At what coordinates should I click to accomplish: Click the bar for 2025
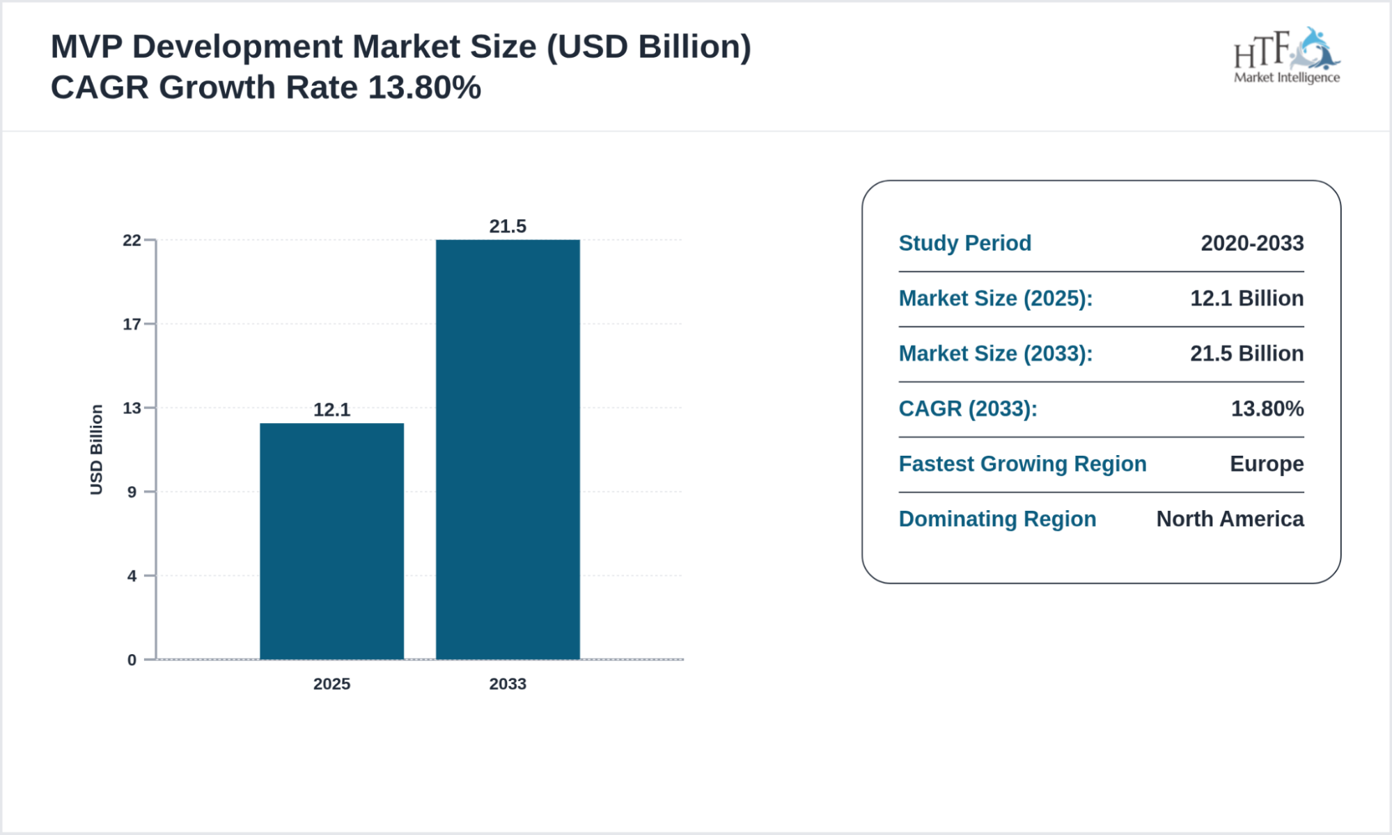[x=331, y=541]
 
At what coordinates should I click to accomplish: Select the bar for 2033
[x=508, y=449]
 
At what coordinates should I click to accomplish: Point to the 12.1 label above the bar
[x=331, y=410]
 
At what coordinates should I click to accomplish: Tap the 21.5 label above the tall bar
[x=508, y=226]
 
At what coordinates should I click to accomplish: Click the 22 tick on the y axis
[x=132, y=241]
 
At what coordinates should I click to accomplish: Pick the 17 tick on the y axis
[x=132, y=324]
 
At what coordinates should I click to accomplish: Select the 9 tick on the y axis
[x=132, y=493]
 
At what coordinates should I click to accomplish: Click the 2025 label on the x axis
[x=331, y=684]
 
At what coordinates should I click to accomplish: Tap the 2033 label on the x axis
[x=508, y=684]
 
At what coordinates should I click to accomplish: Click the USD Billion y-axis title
[x=96, y=450]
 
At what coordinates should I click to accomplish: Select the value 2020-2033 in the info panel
[x=1252, y=244]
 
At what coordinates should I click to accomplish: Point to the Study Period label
[x=964, y=244]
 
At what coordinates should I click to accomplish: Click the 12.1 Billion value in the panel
[x=1246, y=299]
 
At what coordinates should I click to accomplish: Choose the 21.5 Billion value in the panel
[x=1246, y=353]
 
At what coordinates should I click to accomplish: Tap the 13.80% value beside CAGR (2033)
[x=1267, y=408]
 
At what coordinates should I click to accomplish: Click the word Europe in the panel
[x=1266, y=464]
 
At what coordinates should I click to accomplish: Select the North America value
[x=1230, y=519]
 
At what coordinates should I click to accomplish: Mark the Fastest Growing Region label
[x=1022, y=464]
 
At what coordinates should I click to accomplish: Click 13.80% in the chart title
[x=424, y=88]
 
